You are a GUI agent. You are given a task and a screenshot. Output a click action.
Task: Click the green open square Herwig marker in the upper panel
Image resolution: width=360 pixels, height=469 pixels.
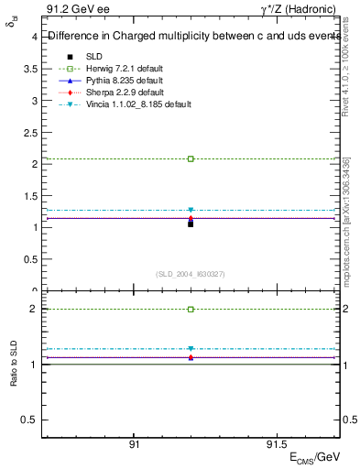pyautogui.click(x=191, y=159)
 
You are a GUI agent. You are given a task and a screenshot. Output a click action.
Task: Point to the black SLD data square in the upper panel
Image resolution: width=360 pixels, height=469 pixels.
pyautogui.click(x=191, y=224)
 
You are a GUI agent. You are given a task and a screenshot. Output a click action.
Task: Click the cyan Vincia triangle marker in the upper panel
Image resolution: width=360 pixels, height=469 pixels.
pyautogui.click(x=191, y=211)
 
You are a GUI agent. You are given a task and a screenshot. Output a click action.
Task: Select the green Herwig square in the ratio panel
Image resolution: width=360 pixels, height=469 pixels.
pyautogui.click(x=191, y=310)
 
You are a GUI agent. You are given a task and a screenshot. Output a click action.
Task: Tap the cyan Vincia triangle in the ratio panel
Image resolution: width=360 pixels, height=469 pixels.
pyautogui.click(x=191, y=349)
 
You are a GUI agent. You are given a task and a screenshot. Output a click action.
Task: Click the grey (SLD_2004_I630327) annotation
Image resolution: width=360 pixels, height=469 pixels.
pyautogui.click(x=191, y=274)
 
